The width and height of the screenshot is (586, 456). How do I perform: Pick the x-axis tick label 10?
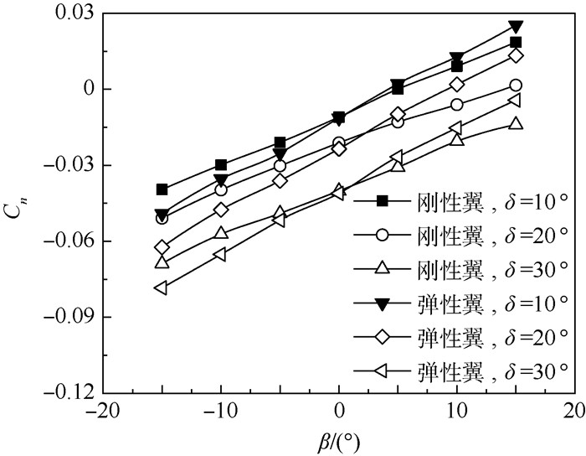456,413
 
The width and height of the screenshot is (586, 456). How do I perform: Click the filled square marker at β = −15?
162,189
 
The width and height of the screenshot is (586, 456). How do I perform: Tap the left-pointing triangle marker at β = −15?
162,288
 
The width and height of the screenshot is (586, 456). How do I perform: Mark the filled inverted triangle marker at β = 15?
516,27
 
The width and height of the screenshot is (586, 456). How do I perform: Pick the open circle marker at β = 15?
516,85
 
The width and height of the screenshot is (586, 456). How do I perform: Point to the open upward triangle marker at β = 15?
516,123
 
